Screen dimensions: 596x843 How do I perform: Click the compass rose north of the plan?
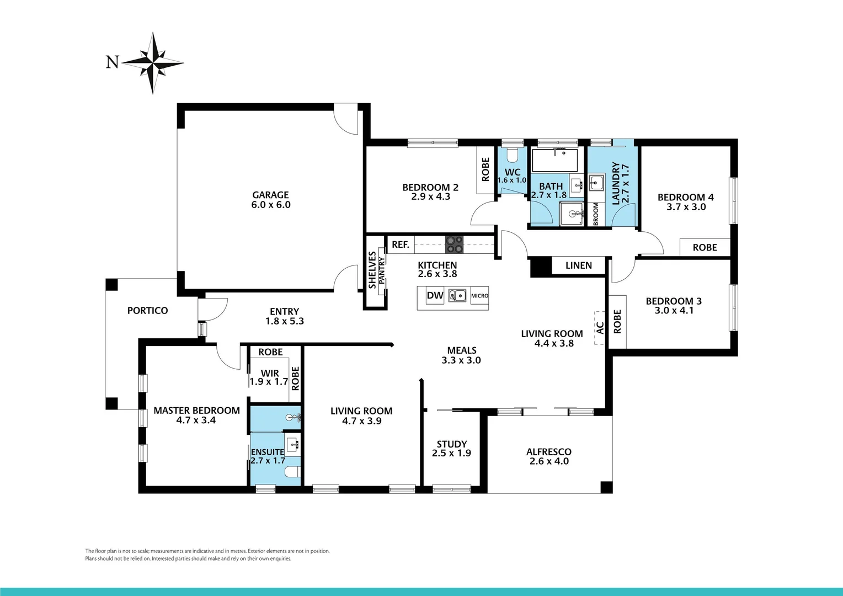[x=153, y=62]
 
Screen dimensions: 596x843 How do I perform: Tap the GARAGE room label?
[x=270, y=195]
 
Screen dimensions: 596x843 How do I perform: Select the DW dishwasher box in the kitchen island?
[x=435, y=295]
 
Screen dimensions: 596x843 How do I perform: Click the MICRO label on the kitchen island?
[x=479, y=296]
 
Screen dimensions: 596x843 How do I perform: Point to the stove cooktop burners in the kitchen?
[x=454, y=244]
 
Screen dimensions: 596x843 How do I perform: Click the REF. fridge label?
[x=401, y=244]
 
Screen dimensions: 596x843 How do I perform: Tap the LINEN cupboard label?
[x=578, y=265]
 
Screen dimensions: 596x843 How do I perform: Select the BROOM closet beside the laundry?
[x=596, y=214]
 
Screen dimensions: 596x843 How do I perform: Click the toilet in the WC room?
[x=513, y=153]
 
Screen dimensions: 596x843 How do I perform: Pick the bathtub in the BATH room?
[x=554, y=160]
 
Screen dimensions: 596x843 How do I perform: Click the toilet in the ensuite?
[x=292, y=472]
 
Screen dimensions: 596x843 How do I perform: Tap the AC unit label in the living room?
[x=600, y=328]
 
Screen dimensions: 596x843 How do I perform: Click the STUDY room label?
[x=451, y=444]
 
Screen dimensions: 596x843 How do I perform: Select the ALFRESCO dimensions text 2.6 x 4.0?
[x=548, y=461]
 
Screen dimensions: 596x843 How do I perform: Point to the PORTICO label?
[x=147, y=311]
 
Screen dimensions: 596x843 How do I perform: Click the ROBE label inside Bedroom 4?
[x=705, y=248]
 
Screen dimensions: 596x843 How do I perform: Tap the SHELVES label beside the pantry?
[x=372, y=270]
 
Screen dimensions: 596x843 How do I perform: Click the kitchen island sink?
[x=457, y=295]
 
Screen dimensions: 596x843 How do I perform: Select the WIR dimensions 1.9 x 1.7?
[x=269, y=381]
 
